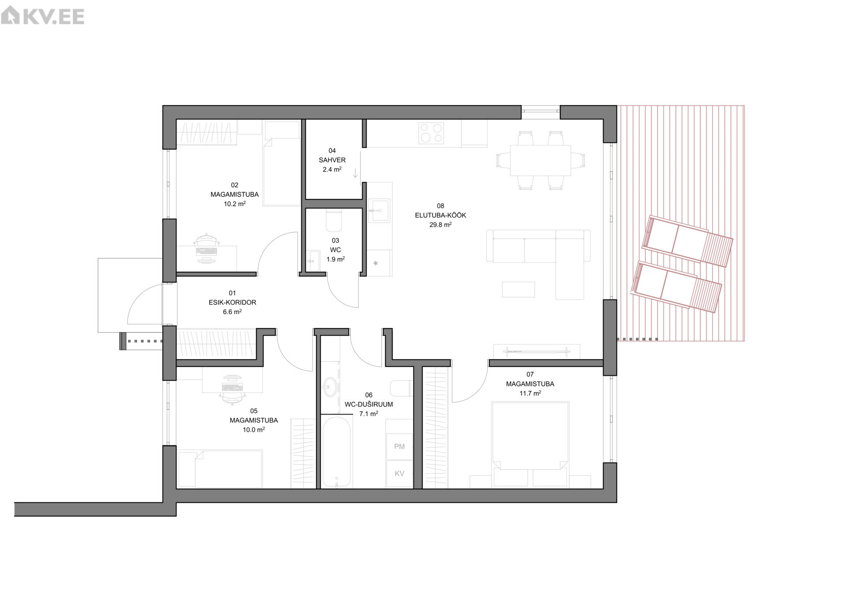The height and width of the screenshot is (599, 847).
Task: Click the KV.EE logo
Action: [42, 16]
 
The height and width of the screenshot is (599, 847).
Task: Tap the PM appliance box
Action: [399, 447]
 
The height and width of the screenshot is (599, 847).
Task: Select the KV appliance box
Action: [399, 474]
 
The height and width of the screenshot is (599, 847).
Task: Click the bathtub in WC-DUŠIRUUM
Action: [337, 452]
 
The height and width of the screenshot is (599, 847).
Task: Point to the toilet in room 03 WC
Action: [334, 220]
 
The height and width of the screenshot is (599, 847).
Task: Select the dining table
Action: [540, 160]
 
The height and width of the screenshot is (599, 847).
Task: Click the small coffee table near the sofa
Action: [518, 290]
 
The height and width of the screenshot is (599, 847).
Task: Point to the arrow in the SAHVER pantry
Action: [355, 173]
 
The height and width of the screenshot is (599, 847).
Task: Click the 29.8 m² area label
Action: [440, 225]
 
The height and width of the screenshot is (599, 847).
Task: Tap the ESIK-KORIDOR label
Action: [232, 303]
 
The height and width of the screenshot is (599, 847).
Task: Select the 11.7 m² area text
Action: [530, 393]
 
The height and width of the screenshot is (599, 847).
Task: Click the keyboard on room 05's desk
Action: [233, 388]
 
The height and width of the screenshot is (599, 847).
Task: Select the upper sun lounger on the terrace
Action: [687, 241]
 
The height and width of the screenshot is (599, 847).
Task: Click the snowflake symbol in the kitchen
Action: [375, 263]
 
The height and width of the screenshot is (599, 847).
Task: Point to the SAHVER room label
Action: [332, 160]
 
